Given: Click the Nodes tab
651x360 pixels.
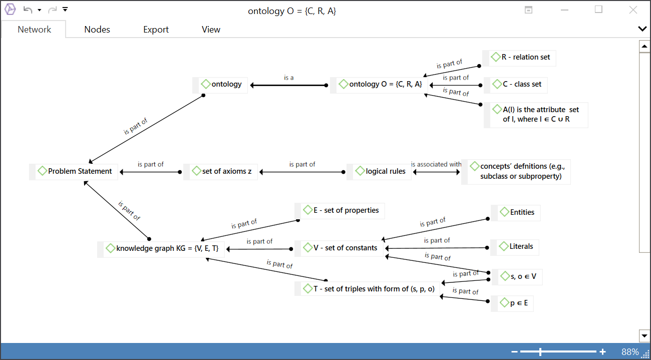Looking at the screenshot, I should [97, 30].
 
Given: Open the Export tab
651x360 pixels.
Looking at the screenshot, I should [156, 30].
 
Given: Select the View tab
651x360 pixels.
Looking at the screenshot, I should [211, 30].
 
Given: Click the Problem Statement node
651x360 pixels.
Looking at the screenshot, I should [80, 171].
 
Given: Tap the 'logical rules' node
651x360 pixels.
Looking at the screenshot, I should [385, 171].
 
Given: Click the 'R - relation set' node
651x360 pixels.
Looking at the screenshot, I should [525, 57].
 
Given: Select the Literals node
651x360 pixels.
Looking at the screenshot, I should [521, 246].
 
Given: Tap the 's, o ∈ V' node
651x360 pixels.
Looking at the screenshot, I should [523, 276].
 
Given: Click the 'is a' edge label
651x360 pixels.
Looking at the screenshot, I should [289, 78].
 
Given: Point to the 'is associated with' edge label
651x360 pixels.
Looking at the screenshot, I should [436, 164].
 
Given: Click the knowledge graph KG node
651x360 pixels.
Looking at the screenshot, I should [167, 248].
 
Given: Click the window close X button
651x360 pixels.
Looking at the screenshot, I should [633, 10].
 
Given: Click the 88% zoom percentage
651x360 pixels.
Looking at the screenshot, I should [630, 352].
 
